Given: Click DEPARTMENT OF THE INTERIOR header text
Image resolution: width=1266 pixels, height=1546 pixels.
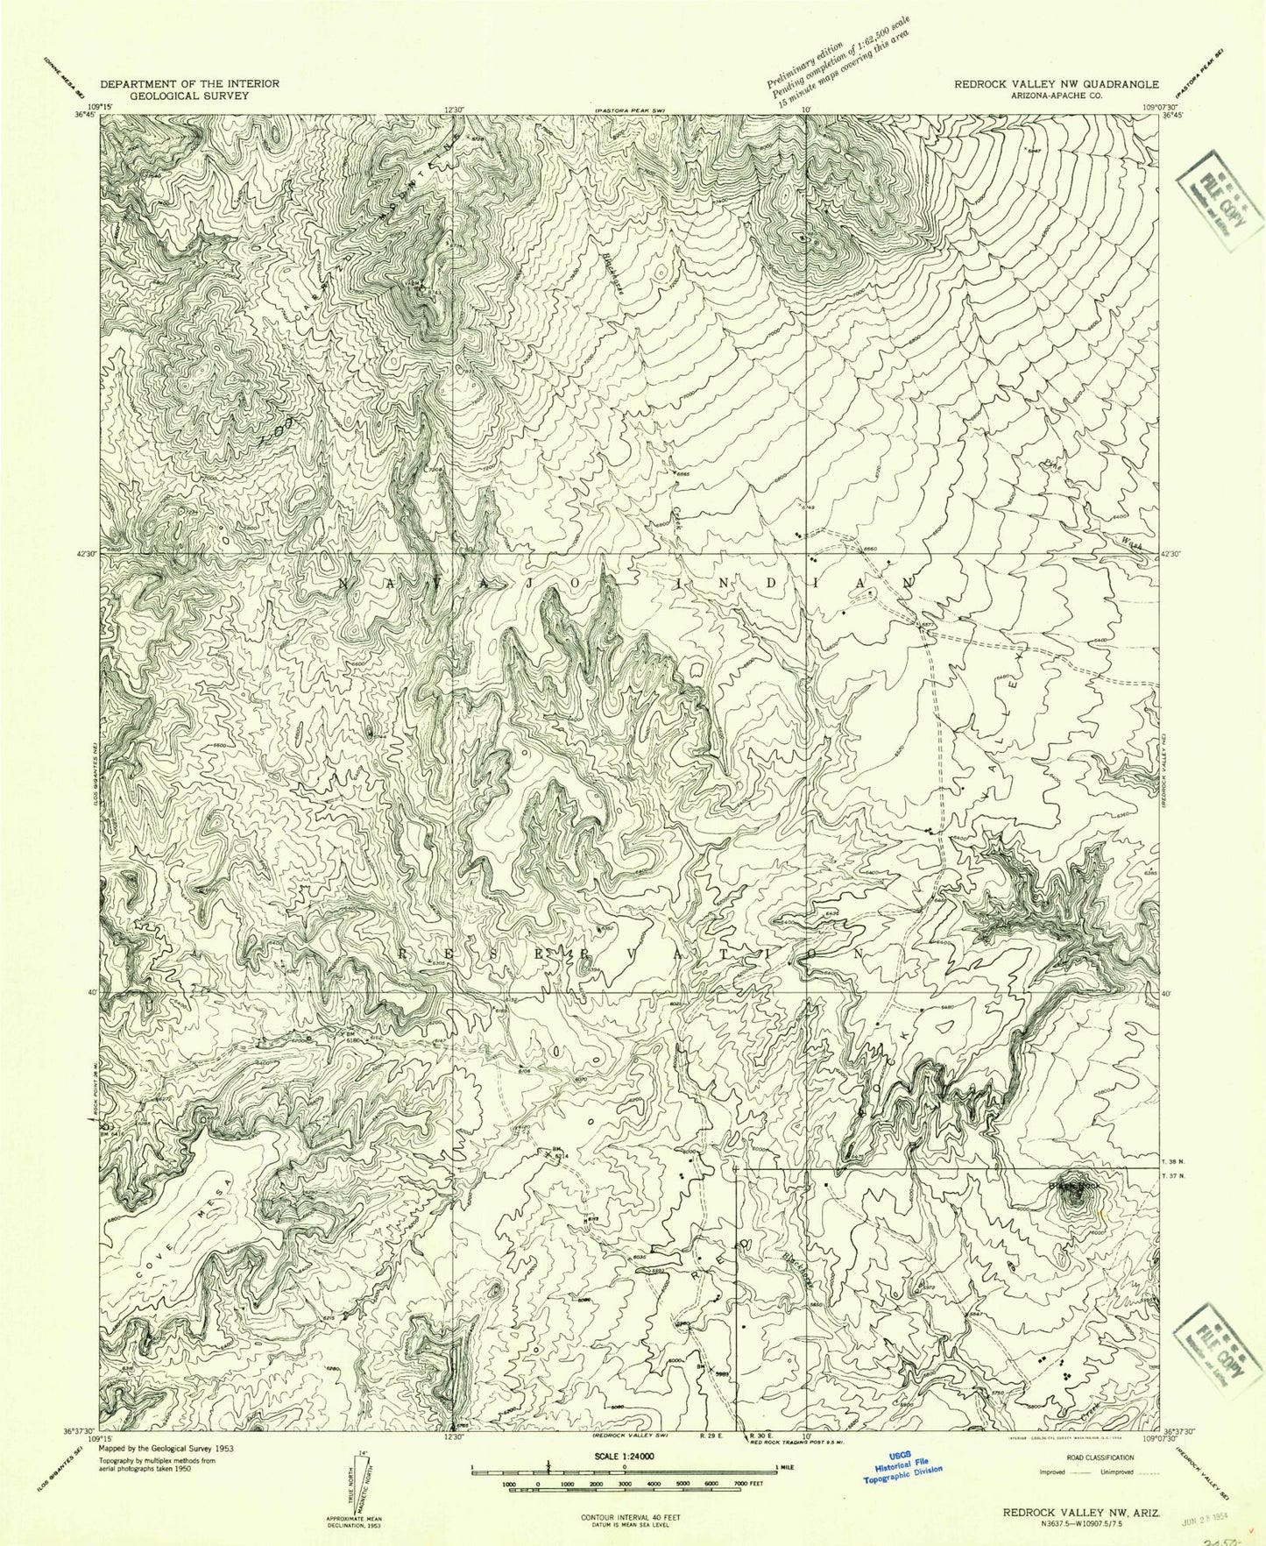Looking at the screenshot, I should [189, 83].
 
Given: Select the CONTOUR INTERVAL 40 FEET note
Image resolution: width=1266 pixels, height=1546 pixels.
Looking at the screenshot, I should [625, 1515].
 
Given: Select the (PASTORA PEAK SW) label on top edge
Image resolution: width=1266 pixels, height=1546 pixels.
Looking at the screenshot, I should [630, 110].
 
